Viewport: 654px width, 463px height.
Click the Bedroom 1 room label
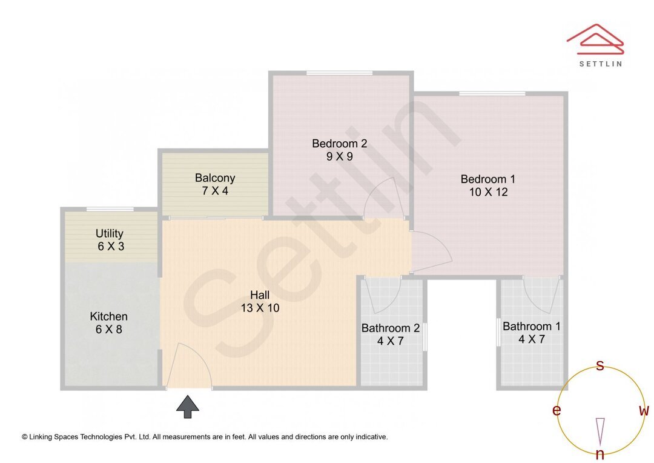(x=487, y=179)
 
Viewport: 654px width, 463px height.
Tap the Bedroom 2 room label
(x=339, y=144)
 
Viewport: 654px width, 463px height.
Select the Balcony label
(x=214, y=178)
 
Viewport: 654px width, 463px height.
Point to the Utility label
(x=110, y=233)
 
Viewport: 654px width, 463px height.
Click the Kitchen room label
(x=108, y=316)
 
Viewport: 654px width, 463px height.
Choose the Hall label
(x=260, y=295)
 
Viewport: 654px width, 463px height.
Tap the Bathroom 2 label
(x=390, y=328)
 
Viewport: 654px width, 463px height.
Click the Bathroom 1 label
(x=531, y=326)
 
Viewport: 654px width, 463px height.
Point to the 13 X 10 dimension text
(x=260, y=308)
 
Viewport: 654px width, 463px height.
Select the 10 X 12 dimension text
(x=487, y=192)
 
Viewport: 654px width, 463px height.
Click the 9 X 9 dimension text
(x=339, y=156)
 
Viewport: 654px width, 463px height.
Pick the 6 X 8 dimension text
(x=108, y=330)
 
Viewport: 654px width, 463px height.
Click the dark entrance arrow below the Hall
(x=188, y=407)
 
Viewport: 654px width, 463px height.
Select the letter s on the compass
(x=599, y=365)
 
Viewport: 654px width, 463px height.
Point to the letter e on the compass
(x=556, y=411)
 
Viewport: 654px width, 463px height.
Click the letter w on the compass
(x=644, y=411)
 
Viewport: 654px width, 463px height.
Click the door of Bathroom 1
(x=540, y=293)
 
